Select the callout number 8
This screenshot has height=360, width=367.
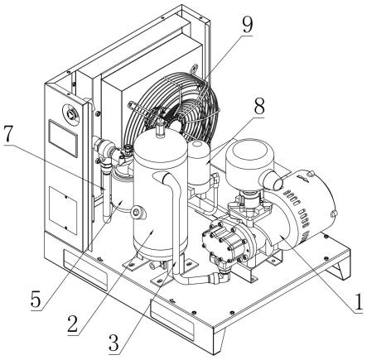[259, 106]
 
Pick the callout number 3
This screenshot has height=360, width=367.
[113, 343]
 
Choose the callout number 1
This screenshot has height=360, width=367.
[358, 301]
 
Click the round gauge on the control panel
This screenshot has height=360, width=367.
[71, 113]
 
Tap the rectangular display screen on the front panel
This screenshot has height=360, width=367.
[62, 138]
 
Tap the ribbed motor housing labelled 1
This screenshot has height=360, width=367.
[301, 209]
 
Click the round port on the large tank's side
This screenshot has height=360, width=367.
[138, 212]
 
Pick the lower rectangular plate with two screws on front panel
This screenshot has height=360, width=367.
[63, 210]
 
